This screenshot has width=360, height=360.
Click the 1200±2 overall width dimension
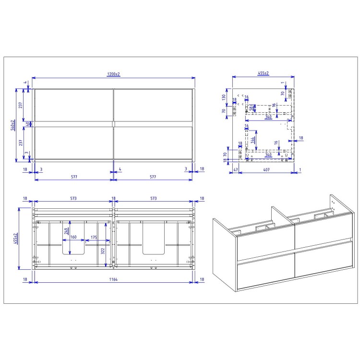[x=113, y=74]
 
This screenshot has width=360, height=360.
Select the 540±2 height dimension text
[x=13, y=125]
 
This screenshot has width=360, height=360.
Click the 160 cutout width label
[x=73, y=237]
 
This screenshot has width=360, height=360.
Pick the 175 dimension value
[x=94, y=237]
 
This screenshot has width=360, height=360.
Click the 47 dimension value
[x=236, y=170]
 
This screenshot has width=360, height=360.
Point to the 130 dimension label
[x=224, y=96]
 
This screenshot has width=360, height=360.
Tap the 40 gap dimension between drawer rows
[x=27, y=124]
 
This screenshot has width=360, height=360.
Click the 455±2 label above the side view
[x=263, y=73]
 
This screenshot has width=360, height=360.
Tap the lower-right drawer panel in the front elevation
[x=153, y=142]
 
